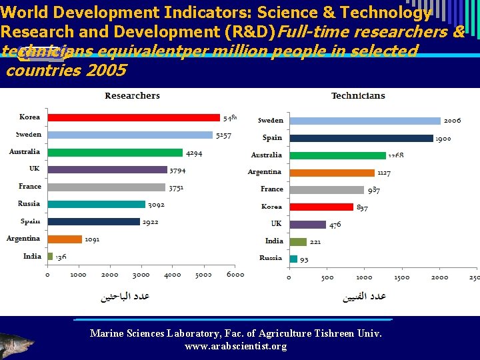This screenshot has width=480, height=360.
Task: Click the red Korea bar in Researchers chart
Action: [133, 117]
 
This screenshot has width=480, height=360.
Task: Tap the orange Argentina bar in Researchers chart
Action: [65, 239]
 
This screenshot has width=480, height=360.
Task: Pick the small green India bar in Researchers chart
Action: [50, 256]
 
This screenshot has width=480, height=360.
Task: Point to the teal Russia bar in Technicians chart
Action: [293, 259]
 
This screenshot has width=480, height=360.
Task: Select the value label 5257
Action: [223, 135]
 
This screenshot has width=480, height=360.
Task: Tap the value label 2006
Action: [452, 121]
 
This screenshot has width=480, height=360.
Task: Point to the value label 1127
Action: [384, 173]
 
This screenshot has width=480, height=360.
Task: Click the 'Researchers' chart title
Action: [132, 95]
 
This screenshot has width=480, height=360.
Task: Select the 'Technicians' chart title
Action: [358, 95]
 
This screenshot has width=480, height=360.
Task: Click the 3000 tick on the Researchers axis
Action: [141, 274]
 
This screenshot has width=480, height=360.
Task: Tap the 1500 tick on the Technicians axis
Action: [402, 277]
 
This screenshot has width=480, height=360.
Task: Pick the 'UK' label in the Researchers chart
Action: [34, 169]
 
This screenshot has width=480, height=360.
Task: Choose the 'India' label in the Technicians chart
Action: [274, 241]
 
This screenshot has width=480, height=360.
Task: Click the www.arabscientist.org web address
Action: [235, 346]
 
